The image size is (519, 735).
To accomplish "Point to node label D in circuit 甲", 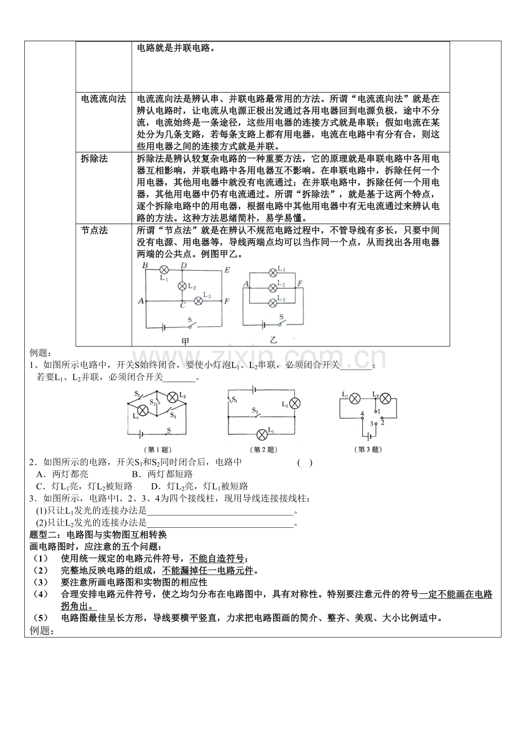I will coord(183,265).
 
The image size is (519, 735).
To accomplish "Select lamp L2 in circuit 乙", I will coord(272,286).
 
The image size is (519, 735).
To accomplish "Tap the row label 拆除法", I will coord(94,159).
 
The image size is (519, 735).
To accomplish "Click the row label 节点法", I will coord(94,230).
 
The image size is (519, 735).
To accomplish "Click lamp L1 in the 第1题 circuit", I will coord(143,411).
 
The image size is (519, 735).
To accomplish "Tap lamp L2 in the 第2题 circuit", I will coord(294,403).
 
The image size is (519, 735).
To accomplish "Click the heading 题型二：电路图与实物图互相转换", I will coord(98,534).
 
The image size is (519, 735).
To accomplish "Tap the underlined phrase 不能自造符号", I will coord(217,558).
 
